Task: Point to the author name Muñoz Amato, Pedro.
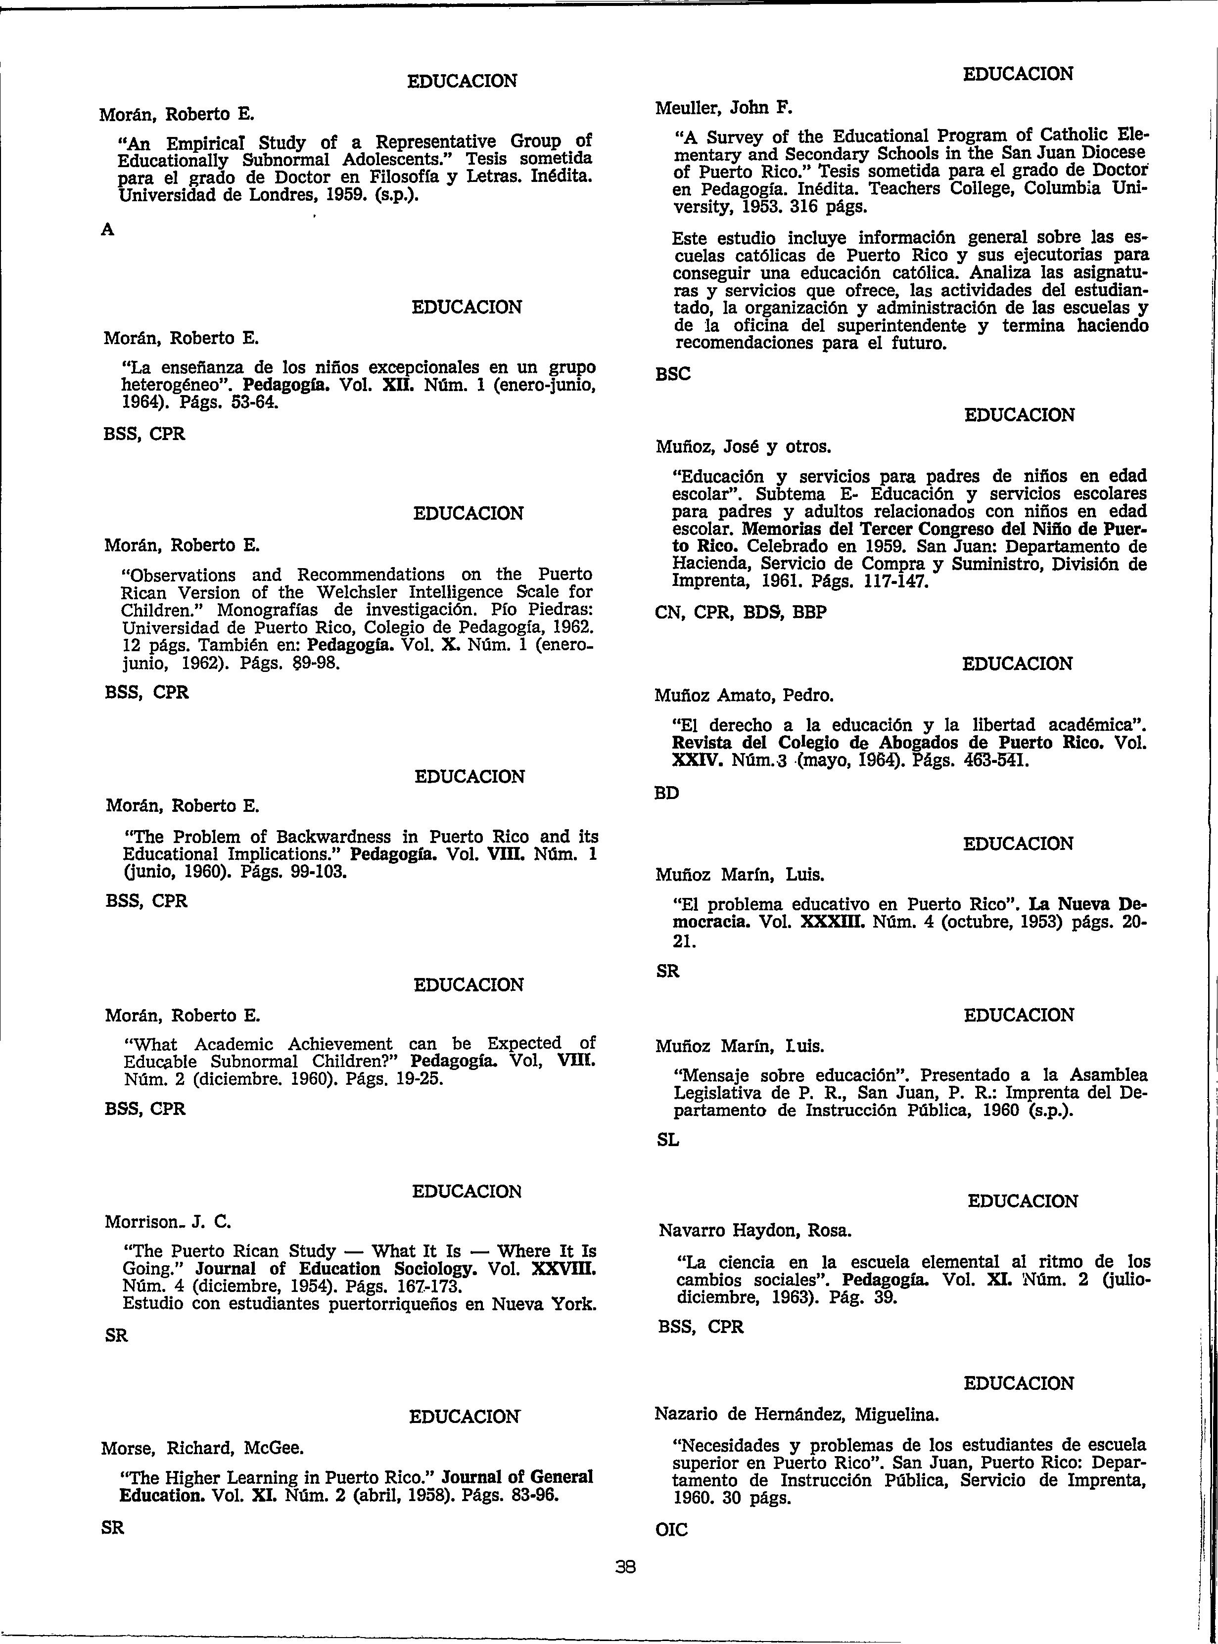[x=744, y=695]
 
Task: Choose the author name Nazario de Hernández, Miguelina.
[x=797, y=1414]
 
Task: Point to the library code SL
[x=667, y=1140]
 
